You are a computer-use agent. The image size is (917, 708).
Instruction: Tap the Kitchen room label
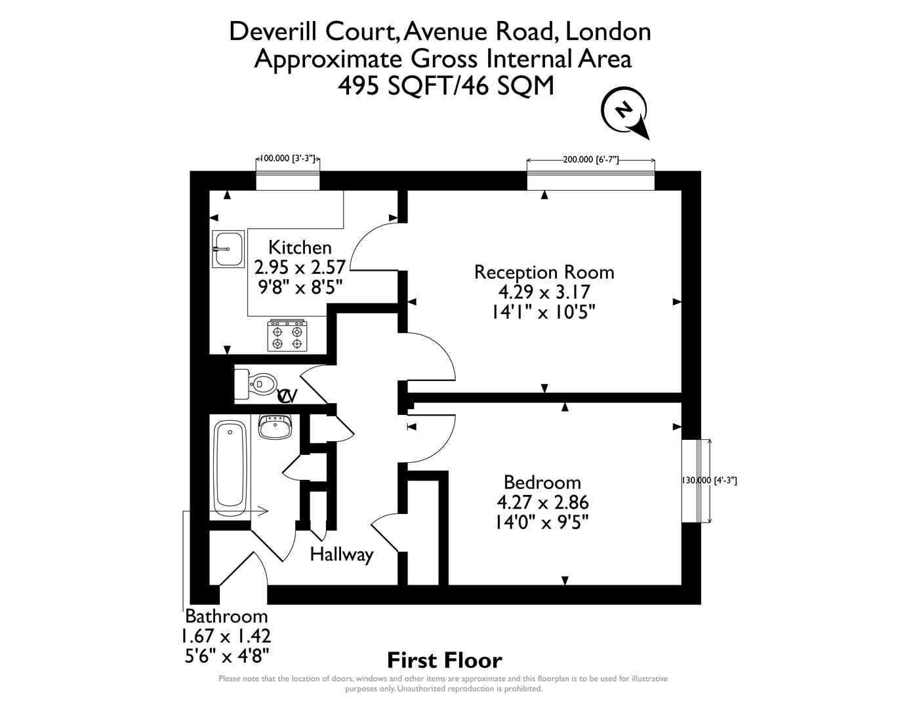[300, 248]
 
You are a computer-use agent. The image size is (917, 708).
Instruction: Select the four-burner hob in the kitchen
[287, 335]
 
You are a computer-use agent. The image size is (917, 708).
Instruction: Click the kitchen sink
[228, 249]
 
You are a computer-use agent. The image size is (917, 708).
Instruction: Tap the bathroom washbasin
[275, 427]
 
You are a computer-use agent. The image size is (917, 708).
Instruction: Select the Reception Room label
[544, 271]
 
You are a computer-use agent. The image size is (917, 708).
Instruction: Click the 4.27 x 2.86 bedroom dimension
[542, 503]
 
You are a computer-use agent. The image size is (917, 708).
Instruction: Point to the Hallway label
[341, 555]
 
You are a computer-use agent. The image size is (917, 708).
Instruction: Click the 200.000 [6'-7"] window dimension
[590, 159]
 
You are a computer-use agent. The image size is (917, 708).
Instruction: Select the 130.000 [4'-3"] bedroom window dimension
[710, 481]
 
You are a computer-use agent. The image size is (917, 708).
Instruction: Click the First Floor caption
[444, 659]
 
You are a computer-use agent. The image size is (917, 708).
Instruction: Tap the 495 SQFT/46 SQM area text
[445, 86]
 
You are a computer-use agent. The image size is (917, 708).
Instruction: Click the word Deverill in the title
[269, 31]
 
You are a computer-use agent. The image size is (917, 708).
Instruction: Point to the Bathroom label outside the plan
[226, 616]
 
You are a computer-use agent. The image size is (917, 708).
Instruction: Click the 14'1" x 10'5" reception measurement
[544, 313]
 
